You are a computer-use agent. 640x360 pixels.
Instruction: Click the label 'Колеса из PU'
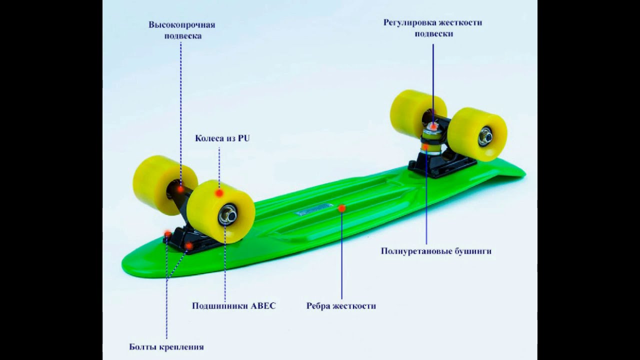pos(222,138)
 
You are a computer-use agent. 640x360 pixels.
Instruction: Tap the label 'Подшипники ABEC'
pos(233,306)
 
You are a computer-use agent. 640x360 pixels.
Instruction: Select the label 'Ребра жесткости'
pos(341,306)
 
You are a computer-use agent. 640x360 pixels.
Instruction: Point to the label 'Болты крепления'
pos(166,347)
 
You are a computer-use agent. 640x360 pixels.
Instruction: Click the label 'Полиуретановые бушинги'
pos(436,251)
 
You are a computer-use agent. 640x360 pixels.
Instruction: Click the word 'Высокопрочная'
pos(181,25)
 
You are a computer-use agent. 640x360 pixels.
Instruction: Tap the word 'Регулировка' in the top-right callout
pos(409,23)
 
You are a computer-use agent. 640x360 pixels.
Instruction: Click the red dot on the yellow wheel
pos(219,193)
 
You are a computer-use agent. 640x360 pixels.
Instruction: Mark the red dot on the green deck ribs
pos(342,208)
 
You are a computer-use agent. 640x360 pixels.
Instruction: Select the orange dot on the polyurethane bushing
pos(425,146)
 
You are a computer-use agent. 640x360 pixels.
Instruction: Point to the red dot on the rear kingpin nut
pos(433,126)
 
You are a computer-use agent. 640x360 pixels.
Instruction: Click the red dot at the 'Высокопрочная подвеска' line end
pos(180,188)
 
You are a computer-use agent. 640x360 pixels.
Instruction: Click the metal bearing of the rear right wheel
pos(484,136)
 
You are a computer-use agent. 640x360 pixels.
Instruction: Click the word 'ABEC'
pos(262,306)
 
